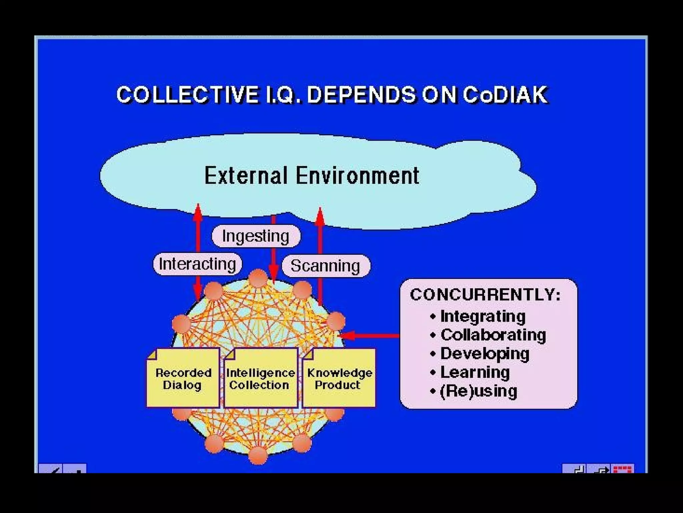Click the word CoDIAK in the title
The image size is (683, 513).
point(505,95)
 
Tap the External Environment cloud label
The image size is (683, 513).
point(311,175)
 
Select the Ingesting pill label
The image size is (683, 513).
point(256,236)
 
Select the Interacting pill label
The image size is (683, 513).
point(197,264)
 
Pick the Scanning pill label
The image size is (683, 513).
point(325,266)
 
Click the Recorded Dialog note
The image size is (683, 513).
point(183,378)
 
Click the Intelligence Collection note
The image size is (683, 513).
point(260,378)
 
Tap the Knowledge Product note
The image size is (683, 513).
point(339,378)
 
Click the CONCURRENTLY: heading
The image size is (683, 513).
point(485,295)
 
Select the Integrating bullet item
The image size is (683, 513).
point(483,316)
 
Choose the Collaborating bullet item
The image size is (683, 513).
point(493,335)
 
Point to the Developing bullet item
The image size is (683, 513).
point(485,353)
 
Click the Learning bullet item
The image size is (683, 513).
point(475,372)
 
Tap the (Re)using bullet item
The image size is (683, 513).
point(478,391)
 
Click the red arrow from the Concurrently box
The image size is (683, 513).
point(370,335)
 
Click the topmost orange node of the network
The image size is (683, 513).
point(258,278)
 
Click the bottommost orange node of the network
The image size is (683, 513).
point(258,455)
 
